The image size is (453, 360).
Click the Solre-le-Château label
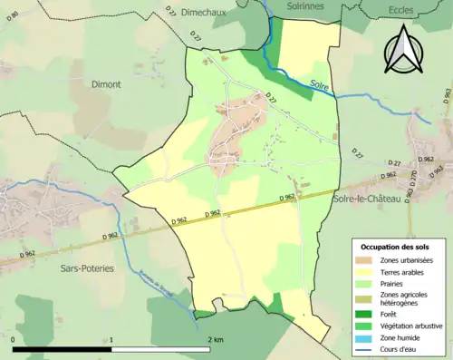367,198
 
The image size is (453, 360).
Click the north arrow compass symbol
404,49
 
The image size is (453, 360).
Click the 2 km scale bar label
215,338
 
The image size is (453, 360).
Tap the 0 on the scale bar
14,338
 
